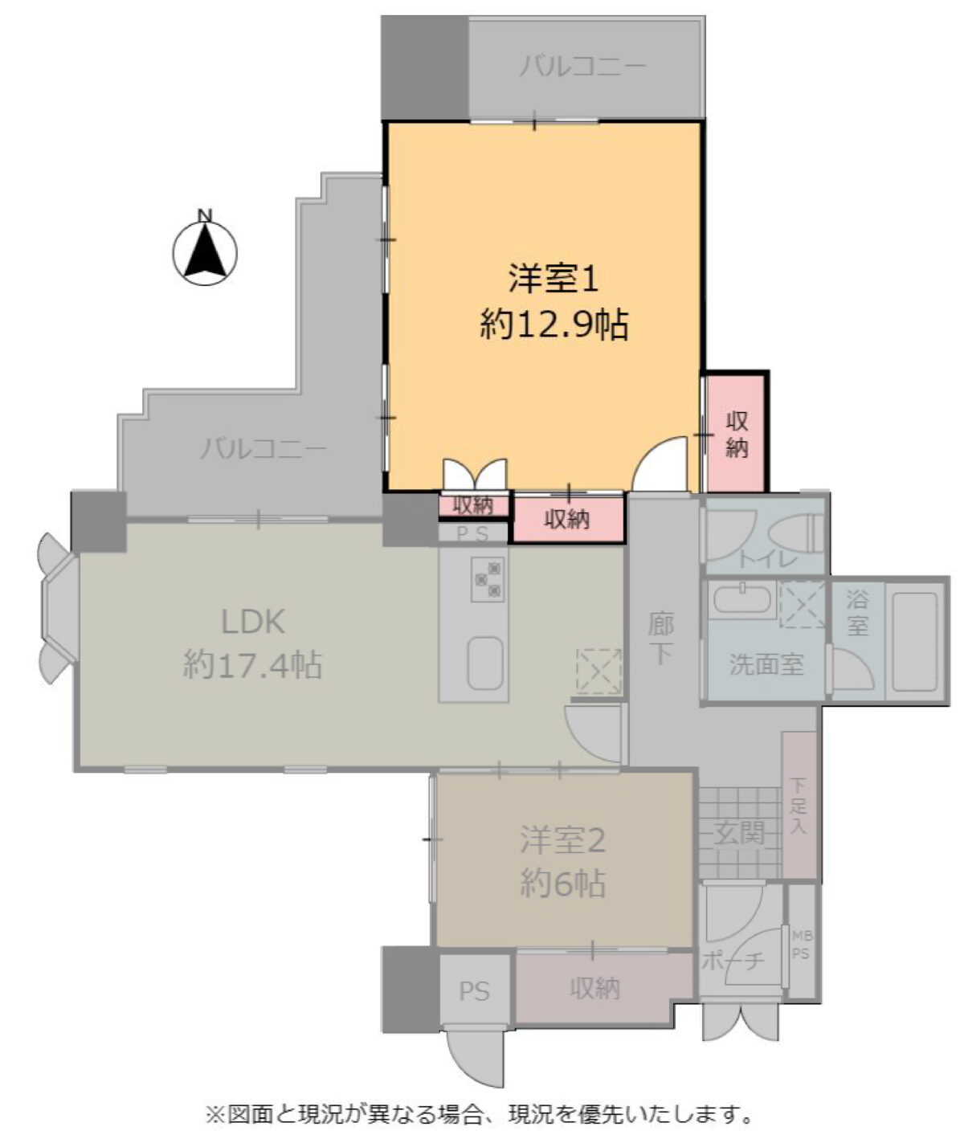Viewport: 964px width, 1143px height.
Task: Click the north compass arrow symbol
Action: pos(206,250)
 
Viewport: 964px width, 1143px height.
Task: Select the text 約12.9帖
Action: pos(554,325)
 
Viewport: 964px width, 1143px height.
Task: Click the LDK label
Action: pos(253,622)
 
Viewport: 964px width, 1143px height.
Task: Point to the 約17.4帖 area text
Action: pos(253,664)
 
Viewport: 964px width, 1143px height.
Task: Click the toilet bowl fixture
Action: pos(796,533)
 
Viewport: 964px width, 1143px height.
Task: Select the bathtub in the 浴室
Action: pos(915,641)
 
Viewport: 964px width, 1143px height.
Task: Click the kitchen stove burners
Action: pos(487,578)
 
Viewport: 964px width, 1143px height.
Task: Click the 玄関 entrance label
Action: pos(739,834)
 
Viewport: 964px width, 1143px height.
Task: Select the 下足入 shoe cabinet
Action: pos(799,806)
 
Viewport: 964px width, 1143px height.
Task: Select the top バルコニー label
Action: pos(582,67)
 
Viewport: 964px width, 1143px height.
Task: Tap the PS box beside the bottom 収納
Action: pos(475,991)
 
